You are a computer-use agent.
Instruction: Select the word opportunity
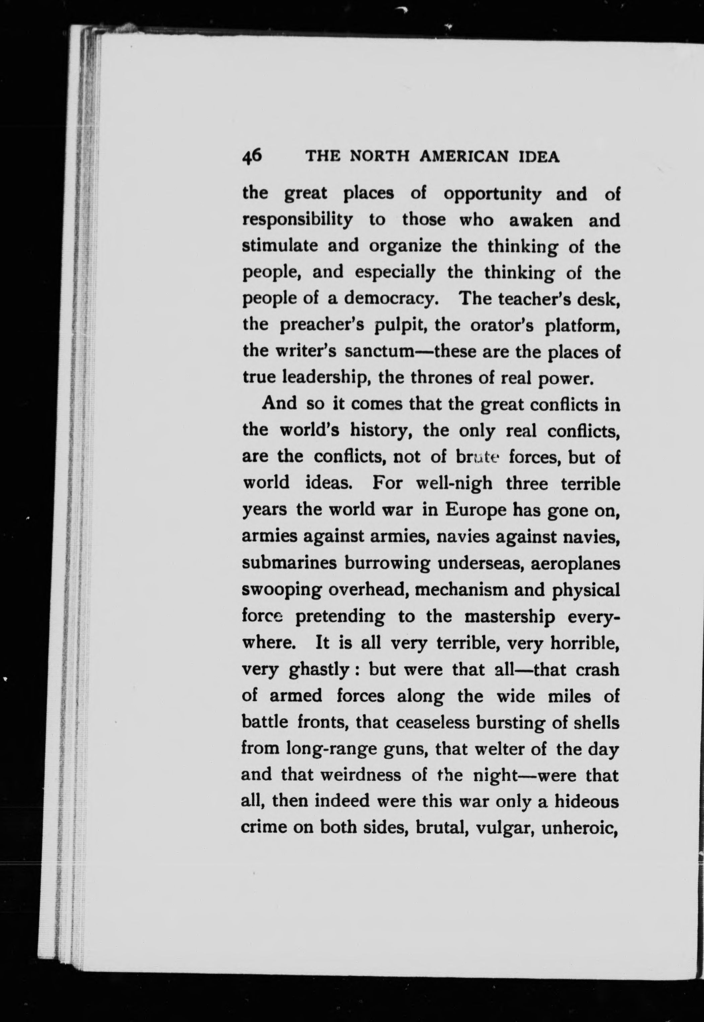click(x=492, y=194)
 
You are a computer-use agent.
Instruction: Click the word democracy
click(x=391, y=299)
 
